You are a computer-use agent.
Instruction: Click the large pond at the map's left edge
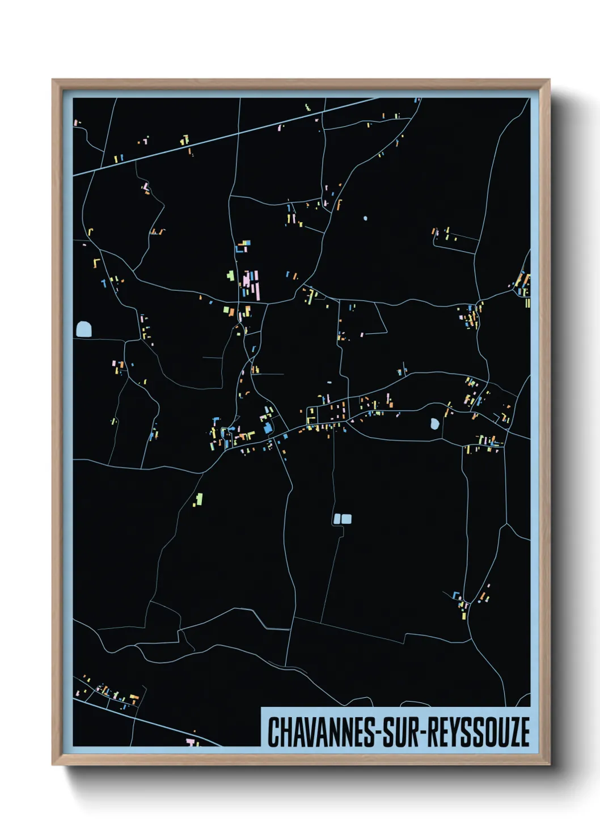(83, 329)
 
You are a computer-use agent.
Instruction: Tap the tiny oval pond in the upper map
(365, 218)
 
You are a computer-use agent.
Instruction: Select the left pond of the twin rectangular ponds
(337, 519)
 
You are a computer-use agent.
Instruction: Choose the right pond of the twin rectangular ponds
(347, 519)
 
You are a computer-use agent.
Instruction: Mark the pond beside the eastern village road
(434, 423)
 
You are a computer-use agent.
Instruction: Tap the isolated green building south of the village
(199, 499)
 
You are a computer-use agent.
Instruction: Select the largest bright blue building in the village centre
(267, 428)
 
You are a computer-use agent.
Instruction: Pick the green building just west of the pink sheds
(230, 276)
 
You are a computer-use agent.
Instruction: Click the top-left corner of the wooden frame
(53, 80)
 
